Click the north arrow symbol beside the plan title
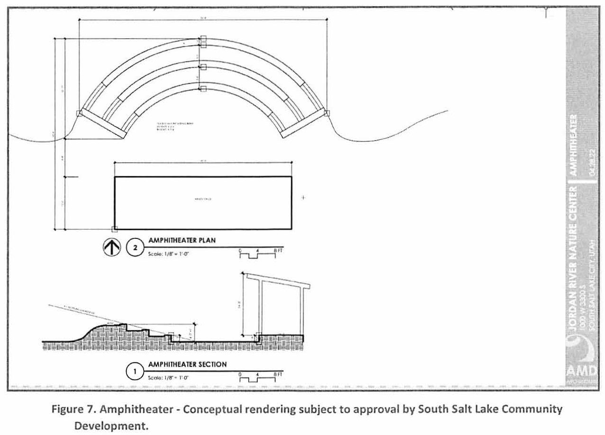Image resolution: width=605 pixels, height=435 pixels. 111,248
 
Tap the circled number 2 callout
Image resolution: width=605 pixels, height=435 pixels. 135,248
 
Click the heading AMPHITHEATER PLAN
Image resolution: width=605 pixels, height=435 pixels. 182,240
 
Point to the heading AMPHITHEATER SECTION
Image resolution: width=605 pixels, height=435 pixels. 187,364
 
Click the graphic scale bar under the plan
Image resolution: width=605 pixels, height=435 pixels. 257,255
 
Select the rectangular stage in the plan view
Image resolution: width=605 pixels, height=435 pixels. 203,203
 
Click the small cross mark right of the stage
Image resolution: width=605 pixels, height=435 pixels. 303,197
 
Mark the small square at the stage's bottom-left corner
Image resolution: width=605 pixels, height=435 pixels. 114,229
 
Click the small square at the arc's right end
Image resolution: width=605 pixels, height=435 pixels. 326,113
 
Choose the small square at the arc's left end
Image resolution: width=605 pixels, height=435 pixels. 80,113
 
